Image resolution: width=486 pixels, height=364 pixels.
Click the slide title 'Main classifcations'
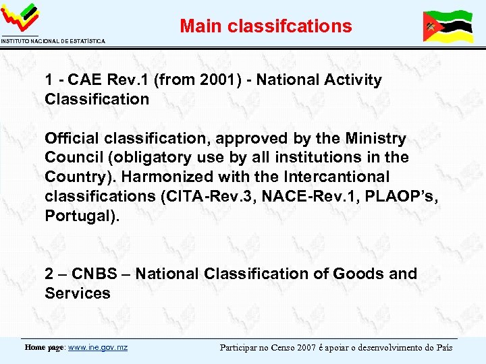pyautogui.click(x=265, y=26)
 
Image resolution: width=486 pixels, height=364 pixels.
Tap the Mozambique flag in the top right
pyautogui.click(x=447, y=27)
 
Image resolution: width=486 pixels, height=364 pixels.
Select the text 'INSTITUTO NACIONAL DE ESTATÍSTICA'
pyautogui.click(x=53, y=42)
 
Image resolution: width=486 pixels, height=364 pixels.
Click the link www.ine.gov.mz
pyautogui.click(x=98, y=348)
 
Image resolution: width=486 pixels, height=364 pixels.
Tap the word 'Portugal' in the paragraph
pyautogui.click(x=75, y=216)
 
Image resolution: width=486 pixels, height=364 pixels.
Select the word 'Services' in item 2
pyautogui.click(x=78, y=293)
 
